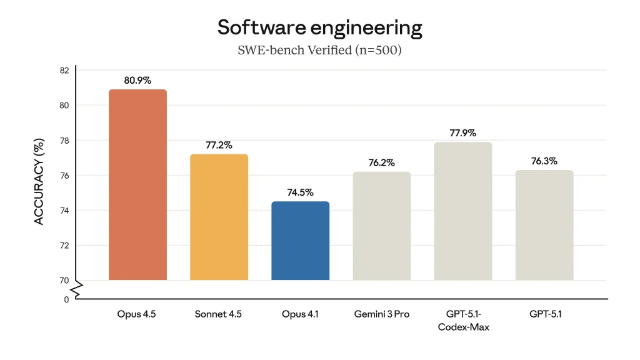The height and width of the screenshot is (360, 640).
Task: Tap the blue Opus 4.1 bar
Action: (300, 241)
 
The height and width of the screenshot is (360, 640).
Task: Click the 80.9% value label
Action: (137, 81)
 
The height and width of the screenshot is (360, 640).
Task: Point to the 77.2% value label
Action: (219, 145)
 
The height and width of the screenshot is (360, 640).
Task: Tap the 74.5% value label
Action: (300, 192)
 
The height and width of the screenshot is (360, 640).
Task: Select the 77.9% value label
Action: (462, 133)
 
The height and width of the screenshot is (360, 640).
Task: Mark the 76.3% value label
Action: (544, 161)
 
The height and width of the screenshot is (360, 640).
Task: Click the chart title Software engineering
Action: (319, 27)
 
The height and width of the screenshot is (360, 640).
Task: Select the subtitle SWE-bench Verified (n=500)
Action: (319, 50)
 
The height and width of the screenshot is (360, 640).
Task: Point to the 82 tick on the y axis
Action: (64, 70)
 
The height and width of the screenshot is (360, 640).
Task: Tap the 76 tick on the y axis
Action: (64, 176)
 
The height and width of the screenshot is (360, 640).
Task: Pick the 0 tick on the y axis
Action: (66, 300)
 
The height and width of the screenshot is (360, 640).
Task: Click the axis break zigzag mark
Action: (76, 289)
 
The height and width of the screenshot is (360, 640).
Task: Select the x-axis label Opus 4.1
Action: (300, 314)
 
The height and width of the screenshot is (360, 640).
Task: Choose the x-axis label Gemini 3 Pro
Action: (381, 314)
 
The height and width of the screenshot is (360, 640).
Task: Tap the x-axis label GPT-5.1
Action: (544, 314)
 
